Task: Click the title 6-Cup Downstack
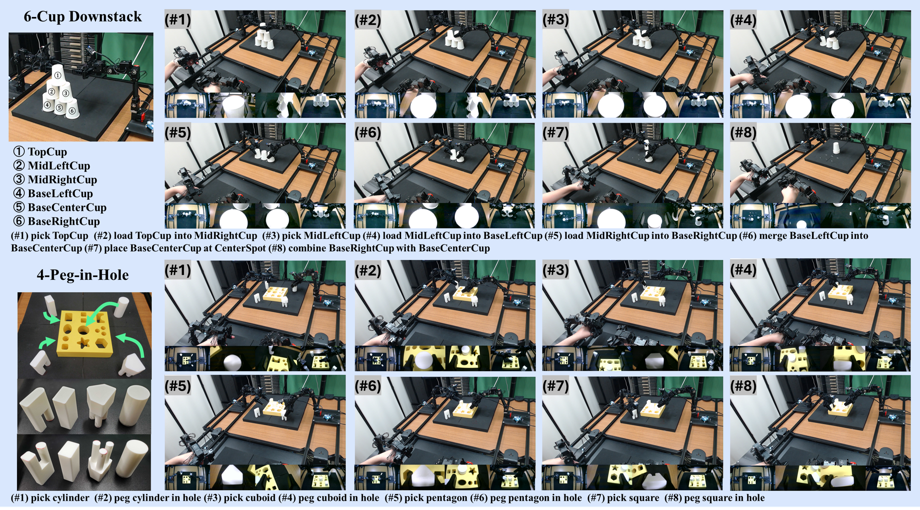tap(83, 17)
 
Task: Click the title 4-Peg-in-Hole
tap(83, 275)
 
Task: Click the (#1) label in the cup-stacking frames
tap(178, 20)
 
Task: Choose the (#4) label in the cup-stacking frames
tap(743, 20)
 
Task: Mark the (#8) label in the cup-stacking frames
tap(743, 132)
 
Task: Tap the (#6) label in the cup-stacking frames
tap(368, 132)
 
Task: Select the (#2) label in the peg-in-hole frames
tap(368, 270)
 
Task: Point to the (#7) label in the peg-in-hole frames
tap(555, 385)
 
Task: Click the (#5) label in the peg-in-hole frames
tap(178, 385)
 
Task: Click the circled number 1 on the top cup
tap(57, 75)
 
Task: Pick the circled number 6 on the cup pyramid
tap(72, 111)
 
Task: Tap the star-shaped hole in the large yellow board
tap(83, 342)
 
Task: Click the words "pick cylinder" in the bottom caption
tap(60, 498)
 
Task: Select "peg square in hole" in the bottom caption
tap(724, 498)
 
